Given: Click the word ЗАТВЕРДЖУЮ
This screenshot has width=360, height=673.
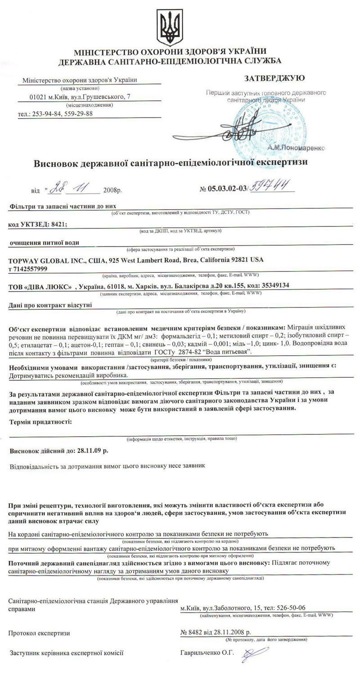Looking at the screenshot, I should pos(274,78).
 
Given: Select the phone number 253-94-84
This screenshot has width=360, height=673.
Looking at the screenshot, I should pos(47,113).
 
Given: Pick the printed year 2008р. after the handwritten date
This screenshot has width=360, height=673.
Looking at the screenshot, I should pos(112,190).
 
